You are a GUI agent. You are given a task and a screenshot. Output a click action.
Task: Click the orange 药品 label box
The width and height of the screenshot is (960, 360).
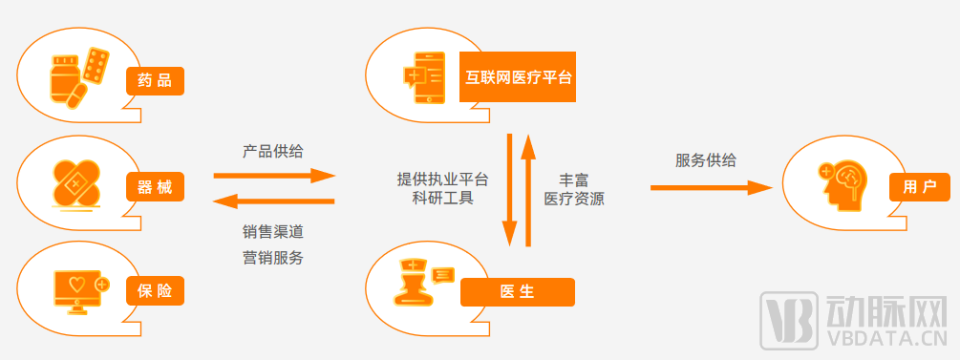155,81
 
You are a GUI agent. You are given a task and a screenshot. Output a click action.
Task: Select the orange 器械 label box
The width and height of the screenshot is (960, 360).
155,186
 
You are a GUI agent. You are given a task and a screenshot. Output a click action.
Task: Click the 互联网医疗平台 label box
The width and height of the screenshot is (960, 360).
518,77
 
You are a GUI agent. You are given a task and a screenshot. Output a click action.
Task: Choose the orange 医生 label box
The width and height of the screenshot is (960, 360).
517,292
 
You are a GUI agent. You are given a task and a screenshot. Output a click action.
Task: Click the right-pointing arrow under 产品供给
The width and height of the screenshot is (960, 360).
273,176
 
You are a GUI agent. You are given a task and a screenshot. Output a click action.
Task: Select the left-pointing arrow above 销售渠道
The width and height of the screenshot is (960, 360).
273,200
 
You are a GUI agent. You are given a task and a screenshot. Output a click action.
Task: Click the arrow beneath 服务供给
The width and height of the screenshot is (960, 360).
711,186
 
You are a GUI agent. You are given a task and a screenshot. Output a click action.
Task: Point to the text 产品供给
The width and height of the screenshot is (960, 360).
273,151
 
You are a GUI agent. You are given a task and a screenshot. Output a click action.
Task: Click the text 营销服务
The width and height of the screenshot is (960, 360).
273,257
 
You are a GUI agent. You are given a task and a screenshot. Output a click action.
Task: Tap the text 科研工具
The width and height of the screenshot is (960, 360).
443,198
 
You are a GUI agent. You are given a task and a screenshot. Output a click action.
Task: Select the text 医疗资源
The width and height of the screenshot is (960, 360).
573,198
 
